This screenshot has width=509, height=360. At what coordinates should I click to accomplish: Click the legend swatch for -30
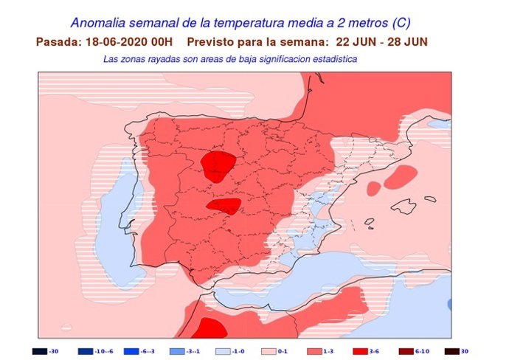(38, 351)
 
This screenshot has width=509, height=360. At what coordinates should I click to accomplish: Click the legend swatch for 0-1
(267, 351)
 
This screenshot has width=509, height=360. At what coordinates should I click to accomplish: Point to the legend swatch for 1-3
(313, 351)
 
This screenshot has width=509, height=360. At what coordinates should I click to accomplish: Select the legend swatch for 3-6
(359, 351)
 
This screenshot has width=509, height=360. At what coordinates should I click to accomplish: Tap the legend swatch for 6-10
(404, 351)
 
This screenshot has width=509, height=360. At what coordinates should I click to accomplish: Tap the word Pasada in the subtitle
(56, 41)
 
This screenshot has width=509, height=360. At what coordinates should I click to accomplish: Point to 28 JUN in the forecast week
(406, 41)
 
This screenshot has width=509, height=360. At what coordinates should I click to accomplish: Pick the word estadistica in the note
(330, 58)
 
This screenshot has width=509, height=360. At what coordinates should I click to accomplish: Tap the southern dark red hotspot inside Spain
(224, 207)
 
